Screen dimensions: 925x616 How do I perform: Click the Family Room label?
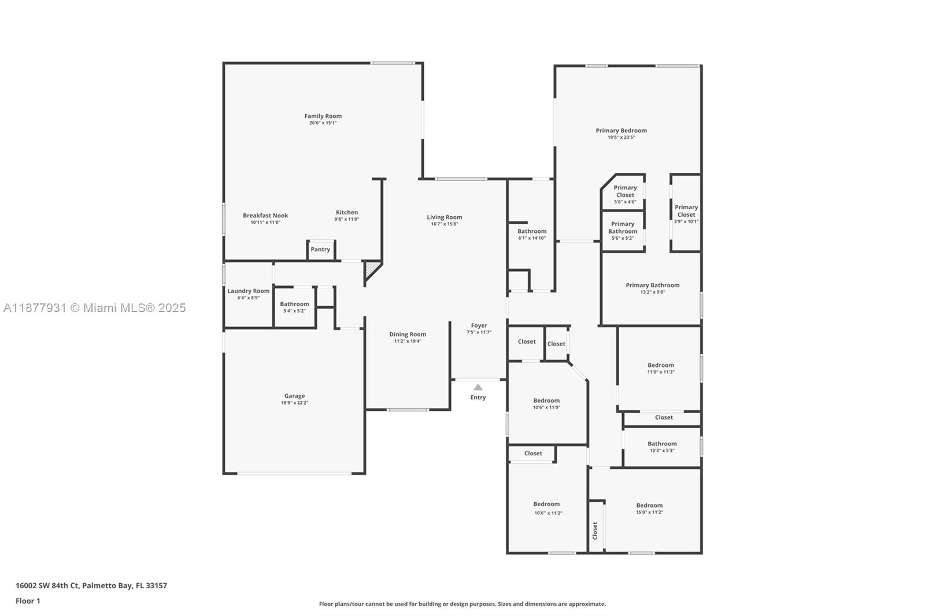click(323, 116)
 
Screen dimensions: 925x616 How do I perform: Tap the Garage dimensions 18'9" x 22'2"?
click(294, 403)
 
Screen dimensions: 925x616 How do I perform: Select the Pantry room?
click(320, 250)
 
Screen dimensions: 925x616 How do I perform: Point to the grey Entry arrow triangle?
click(478, 387)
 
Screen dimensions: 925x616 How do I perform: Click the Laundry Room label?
click(248, 291)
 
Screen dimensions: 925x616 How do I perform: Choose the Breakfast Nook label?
click(265, 216)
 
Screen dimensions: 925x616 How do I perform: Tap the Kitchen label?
click(346, 212)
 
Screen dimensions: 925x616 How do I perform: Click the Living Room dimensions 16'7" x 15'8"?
click(445, 224)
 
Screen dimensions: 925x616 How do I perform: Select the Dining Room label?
click(408, 335)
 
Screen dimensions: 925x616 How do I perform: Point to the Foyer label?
click(479, 325)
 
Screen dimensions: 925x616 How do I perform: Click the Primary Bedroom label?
click(621, 131)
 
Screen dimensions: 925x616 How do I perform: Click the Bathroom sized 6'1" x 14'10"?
click(532, 235)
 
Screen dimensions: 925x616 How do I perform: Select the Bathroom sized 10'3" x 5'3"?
click(662, 447)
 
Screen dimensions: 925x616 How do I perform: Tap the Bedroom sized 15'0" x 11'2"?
click(649, 509)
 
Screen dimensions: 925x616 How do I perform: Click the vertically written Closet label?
click(595, 531)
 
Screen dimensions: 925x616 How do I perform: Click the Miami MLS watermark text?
click(95, 308)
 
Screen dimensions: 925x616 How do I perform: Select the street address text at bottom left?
click(91, 585)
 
